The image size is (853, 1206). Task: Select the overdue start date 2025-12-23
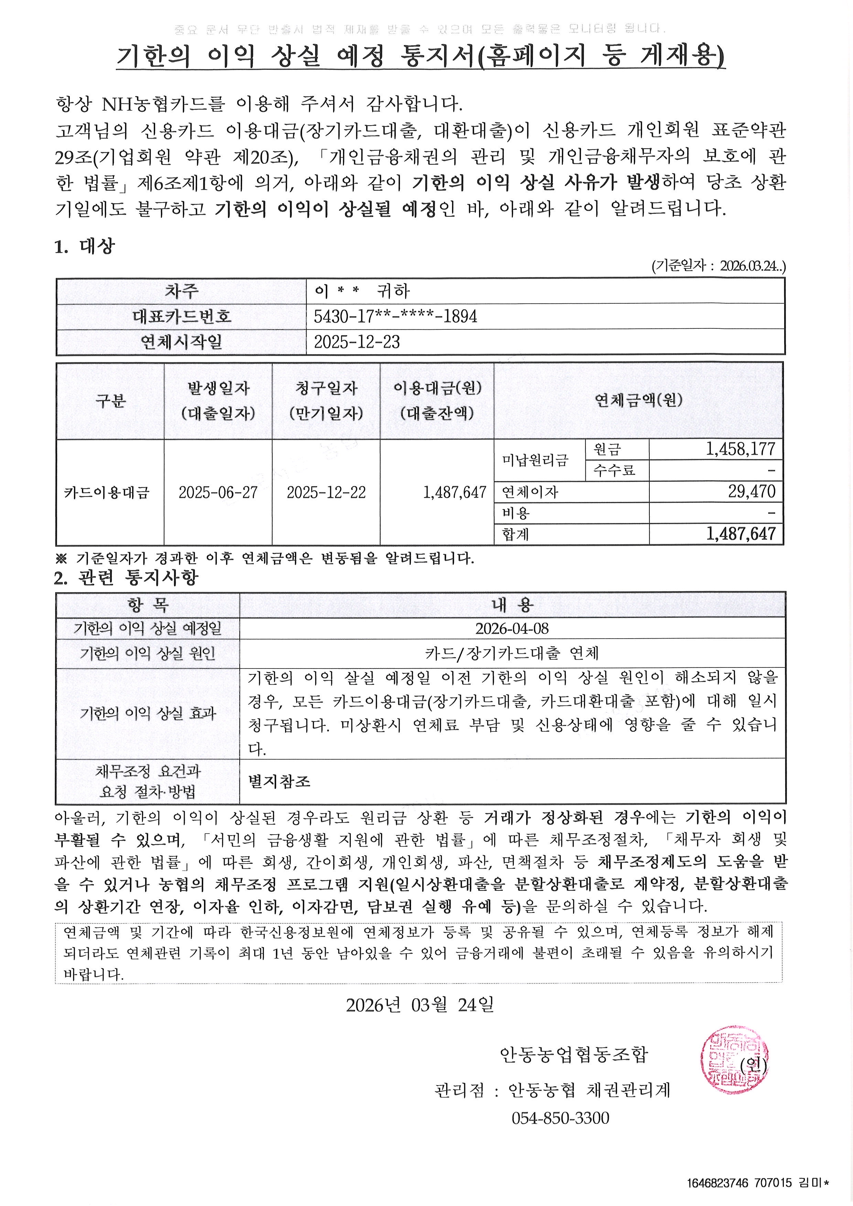pos(357,342)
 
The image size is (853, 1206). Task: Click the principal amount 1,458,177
pos(740,449)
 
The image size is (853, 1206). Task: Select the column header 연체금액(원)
pos(638,400)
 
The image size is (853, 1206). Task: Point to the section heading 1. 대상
pos(84,246)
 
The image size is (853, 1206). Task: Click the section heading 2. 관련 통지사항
pos(126,578)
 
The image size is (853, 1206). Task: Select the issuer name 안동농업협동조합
pos(574,1054)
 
